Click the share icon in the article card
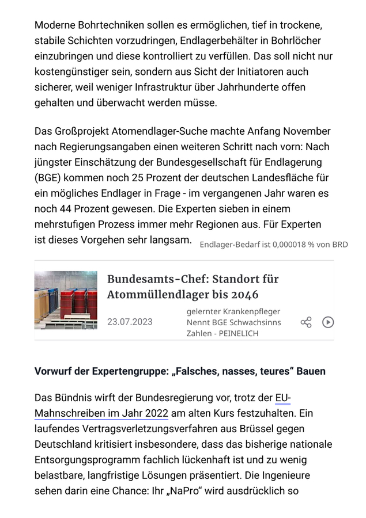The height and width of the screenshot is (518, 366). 306,322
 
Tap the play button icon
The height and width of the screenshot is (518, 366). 328,322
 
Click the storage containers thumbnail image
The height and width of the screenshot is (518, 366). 66,300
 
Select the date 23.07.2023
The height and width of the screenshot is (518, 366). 130,322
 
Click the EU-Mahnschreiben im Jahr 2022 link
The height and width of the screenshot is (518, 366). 101,413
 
